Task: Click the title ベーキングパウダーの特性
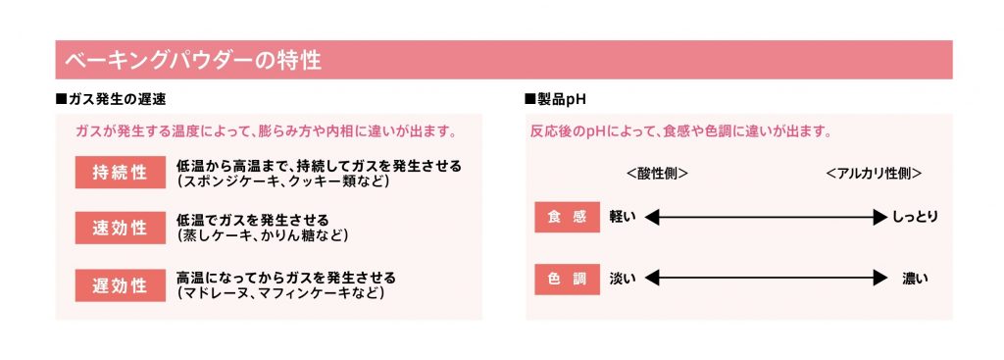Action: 193,60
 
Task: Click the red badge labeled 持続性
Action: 121,173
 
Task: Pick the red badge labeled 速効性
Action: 121,228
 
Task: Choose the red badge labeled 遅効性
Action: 121,285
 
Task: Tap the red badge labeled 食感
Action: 568,217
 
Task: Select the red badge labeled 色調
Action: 568,279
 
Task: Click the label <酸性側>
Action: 657,174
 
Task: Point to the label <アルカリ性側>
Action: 874,174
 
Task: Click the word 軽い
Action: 623,217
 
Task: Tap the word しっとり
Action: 916,217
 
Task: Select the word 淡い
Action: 623,279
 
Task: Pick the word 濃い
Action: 915,279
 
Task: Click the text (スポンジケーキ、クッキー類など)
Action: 283,181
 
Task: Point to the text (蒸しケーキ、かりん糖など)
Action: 263,235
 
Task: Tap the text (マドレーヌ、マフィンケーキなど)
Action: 280,293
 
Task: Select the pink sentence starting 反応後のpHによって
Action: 680,132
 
